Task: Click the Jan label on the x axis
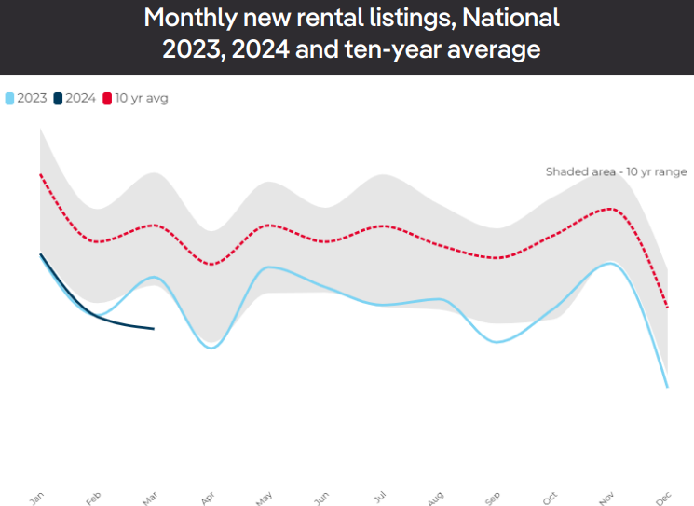[x=37, y=499]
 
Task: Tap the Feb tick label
[x=93, y=499]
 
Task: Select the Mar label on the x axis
[x=150, y=499]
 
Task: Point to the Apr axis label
[x=208, y=499]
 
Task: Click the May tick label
[x=265, y=499]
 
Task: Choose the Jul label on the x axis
[x=379, y=499]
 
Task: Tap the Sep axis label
[x=493, y=499]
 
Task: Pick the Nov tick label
[x=607, y=499]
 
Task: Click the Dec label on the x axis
[x=664, y=499]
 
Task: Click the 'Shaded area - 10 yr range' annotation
[x=616, y=171]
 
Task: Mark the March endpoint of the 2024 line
[x=154, y=328]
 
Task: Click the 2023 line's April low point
[x=212, y=348]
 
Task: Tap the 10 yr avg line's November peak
[x=610, y=208]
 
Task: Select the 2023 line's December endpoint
[x=668, y=387]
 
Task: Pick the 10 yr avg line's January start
[x=40, y=174]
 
